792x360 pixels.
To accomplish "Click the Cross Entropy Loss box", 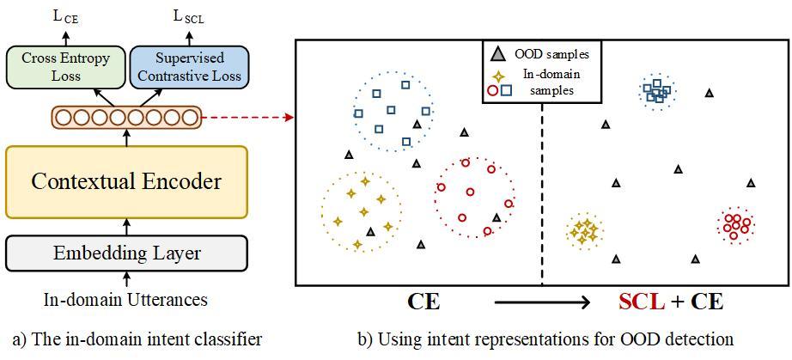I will (65, 66).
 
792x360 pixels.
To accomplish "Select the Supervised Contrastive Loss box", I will (189, 66).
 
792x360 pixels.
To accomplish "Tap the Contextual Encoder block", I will (126, 181).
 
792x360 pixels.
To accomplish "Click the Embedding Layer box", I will (126, 253).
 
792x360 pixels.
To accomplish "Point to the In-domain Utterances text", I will (126, 300).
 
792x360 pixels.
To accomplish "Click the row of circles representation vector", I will (126, 116).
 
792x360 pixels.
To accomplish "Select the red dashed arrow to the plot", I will (248, 116).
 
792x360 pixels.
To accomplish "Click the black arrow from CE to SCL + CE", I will (542, 302).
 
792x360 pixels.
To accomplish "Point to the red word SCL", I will (641, 302).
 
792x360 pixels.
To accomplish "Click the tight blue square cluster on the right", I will (657, 90).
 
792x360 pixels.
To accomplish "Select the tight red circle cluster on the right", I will (735, 225).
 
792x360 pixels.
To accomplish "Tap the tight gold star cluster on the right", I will (585, 230).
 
